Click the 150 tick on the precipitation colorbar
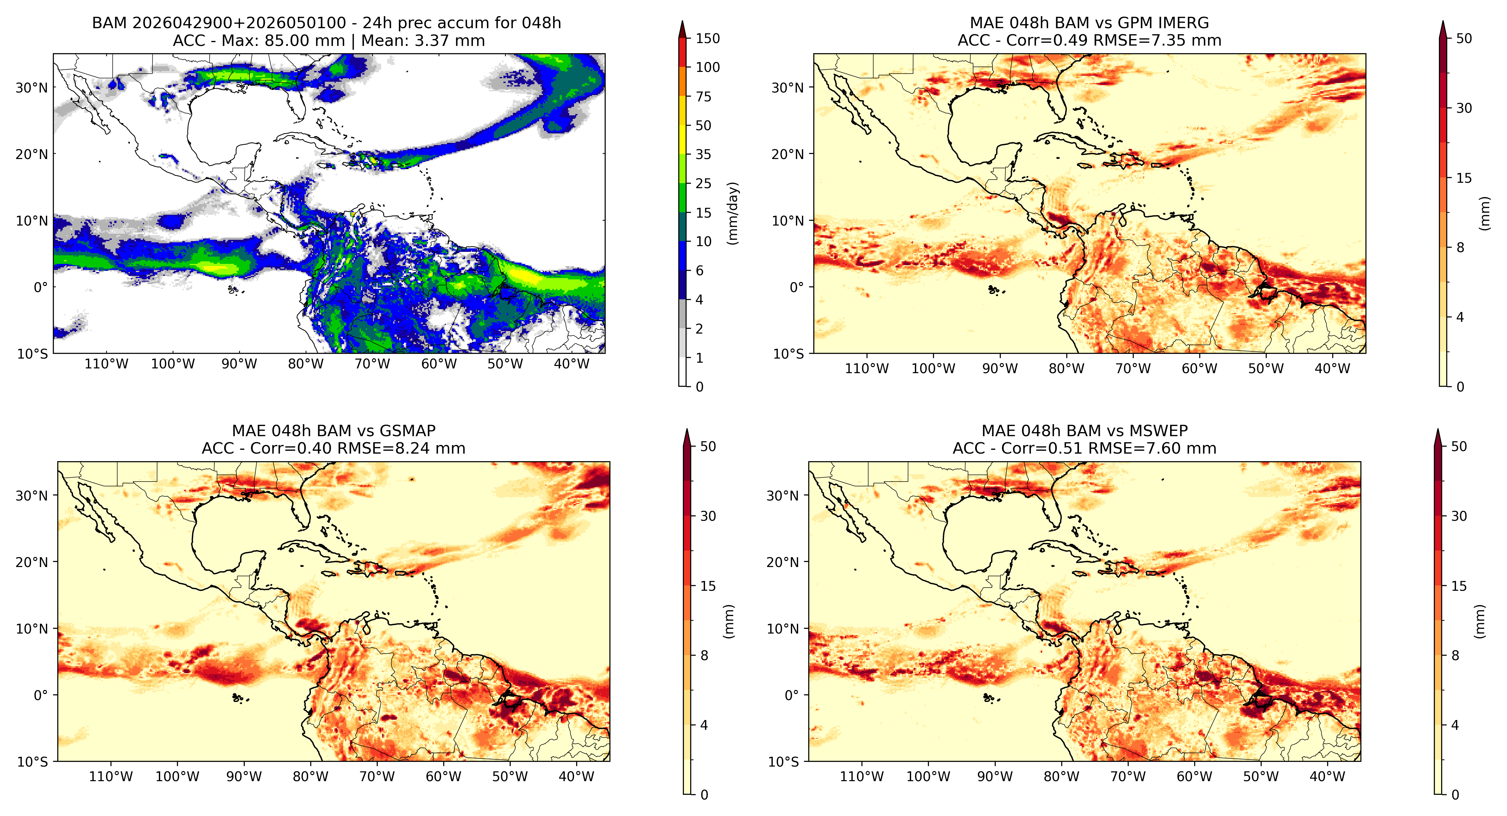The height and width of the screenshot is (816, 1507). tap(707, 39)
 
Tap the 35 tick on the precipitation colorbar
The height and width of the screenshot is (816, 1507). tap(703, 155)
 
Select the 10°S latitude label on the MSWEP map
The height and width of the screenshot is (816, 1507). tap(783, 762)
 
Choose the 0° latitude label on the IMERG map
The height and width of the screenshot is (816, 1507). tap(797, 287)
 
